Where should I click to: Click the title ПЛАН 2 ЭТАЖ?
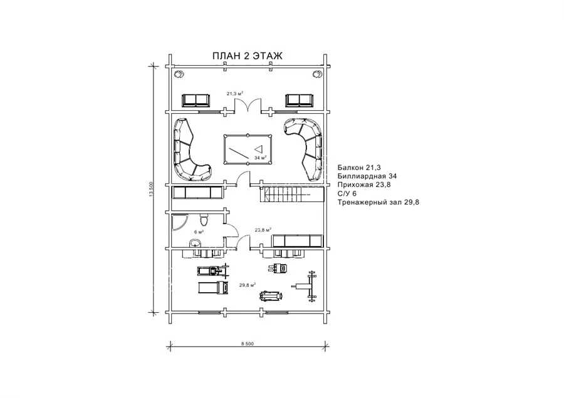click(247, 56)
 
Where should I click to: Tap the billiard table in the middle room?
click(248, 150)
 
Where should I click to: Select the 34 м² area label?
click(260, 158)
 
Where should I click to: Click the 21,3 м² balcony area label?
click(234, 93)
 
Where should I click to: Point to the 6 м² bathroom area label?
click(199, 232)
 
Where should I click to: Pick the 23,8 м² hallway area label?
click(263, 230)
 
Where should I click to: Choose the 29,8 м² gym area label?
click(248, 285)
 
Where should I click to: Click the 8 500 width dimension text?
click(248, 344)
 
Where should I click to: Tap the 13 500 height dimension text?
click(151, 189)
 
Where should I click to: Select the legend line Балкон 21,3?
click(359, 167)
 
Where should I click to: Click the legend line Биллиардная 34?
click(367, 176)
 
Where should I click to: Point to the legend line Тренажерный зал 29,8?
click(379, 202)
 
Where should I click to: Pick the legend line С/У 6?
click(347, 193)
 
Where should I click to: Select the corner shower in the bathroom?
click(179, 222)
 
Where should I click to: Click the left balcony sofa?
click(196, 100)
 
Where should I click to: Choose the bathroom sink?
click(196, 243)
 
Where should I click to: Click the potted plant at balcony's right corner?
click(317, 74)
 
